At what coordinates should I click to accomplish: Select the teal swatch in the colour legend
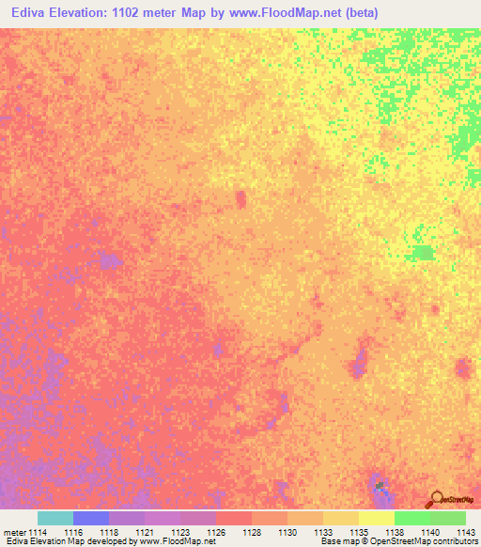click(54, 518)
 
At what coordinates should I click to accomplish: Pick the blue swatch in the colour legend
click(90, 518)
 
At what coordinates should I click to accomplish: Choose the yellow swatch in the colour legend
click(376, 518)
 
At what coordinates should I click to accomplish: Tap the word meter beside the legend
click(14, 531)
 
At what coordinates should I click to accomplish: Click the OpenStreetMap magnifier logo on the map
click(435, 498)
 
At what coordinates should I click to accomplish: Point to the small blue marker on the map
click(380, 487)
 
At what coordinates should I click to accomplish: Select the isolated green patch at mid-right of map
click(424, 252)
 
